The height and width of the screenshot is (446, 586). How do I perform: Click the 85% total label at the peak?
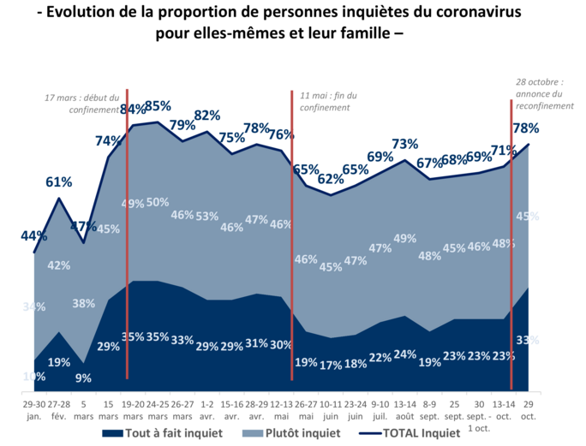pyautogui.click(x=158, y=107)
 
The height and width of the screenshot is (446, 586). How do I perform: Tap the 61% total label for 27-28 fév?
pyautogui.click(x=58, y=181)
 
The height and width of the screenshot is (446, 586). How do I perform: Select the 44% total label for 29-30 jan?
pyautogui.click(x=33, y=236)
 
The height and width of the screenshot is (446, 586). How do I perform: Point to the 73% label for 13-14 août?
pyautogui.click(x=404, y=144)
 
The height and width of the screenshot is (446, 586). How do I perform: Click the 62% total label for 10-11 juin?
pyautogui.click(x=331, y=179)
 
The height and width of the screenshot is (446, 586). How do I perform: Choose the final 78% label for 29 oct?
pyautogui.click(x=526, y=128)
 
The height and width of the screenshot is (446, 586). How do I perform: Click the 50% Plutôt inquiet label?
pyautogui.click(x=158, y=202)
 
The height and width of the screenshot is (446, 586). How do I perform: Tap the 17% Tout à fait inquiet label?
pyautogui.click(x=331, y=365)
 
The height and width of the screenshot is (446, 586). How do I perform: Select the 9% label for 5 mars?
pyautogui.click(x=83, y=377)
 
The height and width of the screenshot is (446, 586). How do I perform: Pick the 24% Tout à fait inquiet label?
pyautogui.click(x=404, y=354)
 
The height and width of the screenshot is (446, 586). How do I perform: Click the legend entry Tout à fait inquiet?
pyautogui.click(x=162, y=432)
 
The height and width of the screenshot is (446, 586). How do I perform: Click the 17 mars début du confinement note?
pyautogui.click(x=82, y=104)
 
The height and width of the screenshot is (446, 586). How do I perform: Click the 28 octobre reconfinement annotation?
pyautogui.click(x=543, y=93)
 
